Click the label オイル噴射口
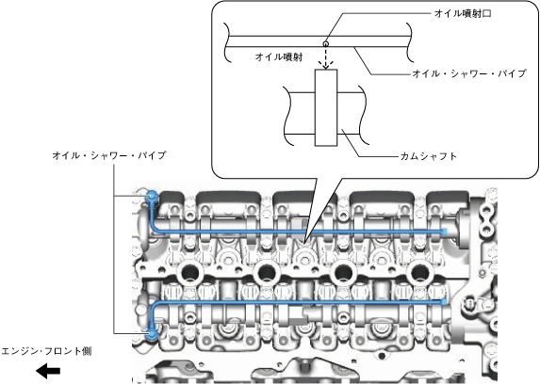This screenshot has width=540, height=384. (x=463, y=14)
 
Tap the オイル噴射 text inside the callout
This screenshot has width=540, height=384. (x=279, y=56)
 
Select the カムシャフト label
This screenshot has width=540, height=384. (x=429, y=156)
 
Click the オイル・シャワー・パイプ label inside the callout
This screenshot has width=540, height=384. (x=469, y=73)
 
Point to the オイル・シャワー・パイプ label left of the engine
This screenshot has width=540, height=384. (x=109, y=155)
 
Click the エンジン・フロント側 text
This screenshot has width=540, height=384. (x=46, y=351)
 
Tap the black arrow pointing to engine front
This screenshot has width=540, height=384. (x=48, y=371)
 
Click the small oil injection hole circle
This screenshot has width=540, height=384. (x=325, y=43)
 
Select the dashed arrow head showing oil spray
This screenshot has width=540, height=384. (x=326, y=65)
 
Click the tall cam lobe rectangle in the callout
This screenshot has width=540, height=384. (x=326, y=107)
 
